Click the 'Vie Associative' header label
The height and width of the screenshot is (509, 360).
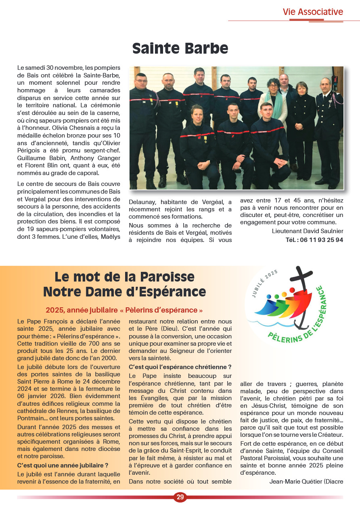pyautogui.click(x=313, y=12)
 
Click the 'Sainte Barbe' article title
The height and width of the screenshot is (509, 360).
pyautogui.click(x=180, y=48)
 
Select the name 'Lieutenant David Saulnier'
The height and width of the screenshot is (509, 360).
pyautogui.click(x=308, y=231)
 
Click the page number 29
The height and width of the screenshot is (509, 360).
pyautogui.click(x=180, y=497)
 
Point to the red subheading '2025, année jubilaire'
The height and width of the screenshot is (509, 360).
pyautogui.click(x=124, y=310)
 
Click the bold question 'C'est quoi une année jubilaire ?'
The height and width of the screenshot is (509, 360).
pyautogui.click(x=63, y=465)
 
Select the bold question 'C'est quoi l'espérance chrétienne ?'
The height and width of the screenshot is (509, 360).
pyautogui.click(x=180, y=367)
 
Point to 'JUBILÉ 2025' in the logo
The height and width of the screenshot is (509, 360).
pyautogui.click(x=264, y=284)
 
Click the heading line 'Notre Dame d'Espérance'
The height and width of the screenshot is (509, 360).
pyautogui.click(x=124, y=291)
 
